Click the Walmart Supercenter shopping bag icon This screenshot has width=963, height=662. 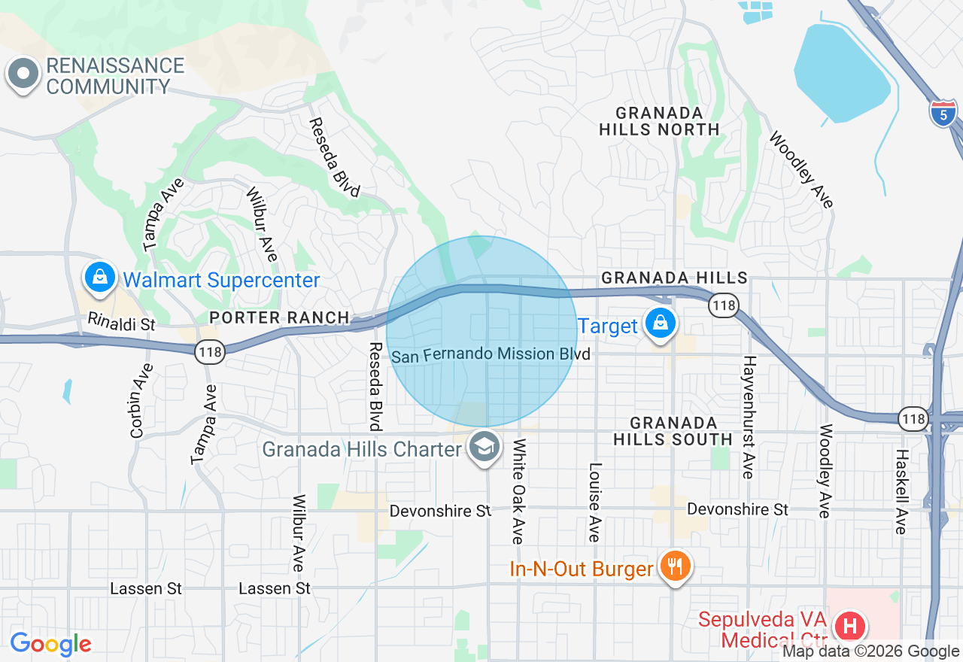99,278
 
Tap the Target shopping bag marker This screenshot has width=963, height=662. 660,323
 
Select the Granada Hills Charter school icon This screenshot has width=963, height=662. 485,448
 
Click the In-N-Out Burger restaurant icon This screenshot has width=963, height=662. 674,566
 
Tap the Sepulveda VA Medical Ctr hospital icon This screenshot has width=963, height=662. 850,626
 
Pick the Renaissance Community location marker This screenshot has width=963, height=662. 23,74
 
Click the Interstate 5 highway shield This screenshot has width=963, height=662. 943,113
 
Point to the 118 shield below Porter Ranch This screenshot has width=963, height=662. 210,351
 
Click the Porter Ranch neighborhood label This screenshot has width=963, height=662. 279,318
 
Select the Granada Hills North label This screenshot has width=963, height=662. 659,121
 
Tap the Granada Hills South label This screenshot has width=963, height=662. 673,431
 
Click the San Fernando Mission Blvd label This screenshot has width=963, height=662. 490,354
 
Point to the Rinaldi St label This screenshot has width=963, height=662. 121,323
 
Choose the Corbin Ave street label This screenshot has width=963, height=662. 137,401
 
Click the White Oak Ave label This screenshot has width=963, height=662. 518,491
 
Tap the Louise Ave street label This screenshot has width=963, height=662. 594,503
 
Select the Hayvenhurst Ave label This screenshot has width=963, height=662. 748,418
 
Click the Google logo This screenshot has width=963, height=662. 50,645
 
